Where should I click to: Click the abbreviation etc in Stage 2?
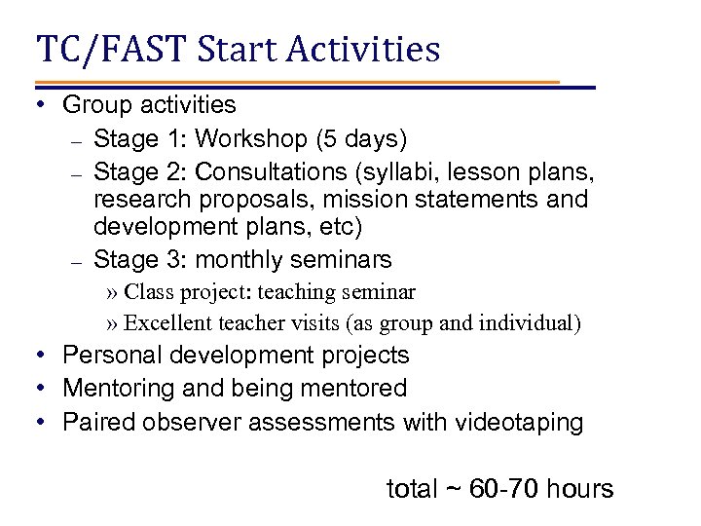click(346, 230)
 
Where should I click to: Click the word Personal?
click(108, 357)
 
